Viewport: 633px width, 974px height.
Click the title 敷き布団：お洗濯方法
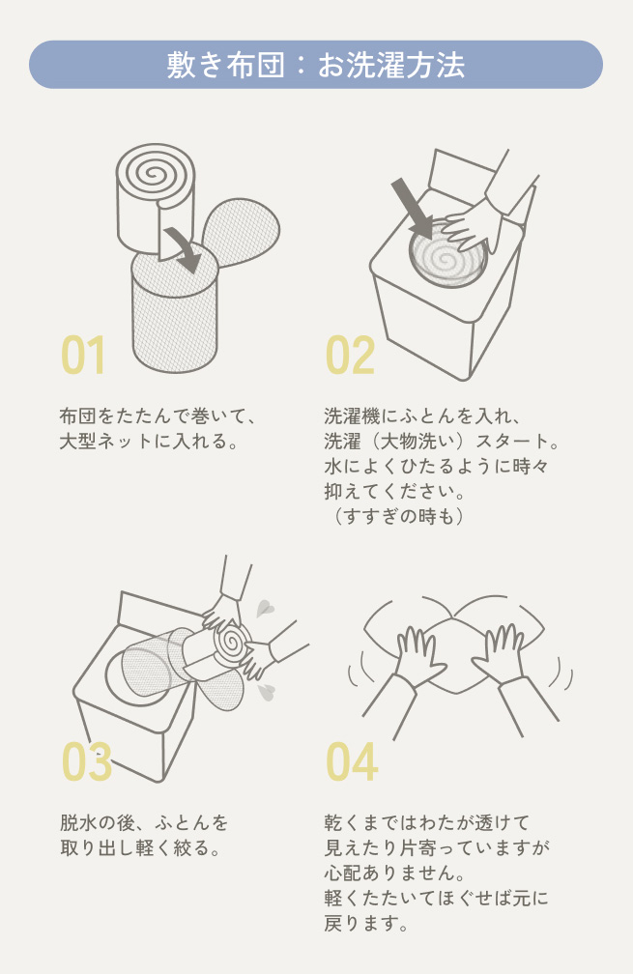(x=316, y=65)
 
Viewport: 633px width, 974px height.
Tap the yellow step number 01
(x=83, y=356)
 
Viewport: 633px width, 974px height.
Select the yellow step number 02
(x=351, y=356)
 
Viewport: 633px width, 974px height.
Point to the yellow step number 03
(x=86, y=761)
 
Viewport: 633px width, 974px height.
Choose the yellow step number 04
(x=352, y=761)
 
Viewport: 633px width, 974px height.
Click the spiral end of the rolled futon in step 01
(x=156, y=169)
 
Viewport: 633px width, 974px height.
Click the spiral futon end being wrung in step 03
(x=230, y=640)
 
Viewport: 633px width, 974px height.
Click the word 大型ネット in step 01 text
(x=105, y=441)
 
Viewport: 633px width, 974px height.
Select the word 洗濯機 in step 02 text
(x=352, y=415)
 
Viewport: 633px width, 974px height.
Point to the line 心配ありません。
(x=395, y=873)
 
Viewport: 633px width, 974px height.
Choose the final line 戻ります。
(x=366, y=924)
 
